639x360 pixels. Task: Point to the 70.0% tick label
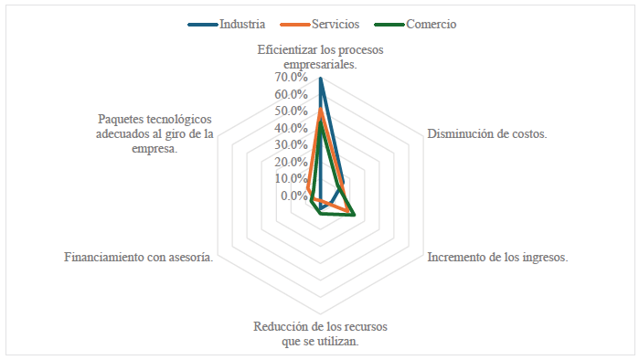pyautogui.click(x=290, y=79)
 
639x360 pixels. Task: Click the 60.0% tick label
pyautogui.click(x=290, y=95)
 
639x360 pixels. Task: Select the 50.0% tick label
pyautogui.click(x=290, y=111)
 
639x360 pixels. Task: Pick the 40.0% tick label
pyautogui.click(x=290, y=129)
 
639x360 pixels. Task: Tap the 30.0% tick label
pyautogui.click(x=290, y=145)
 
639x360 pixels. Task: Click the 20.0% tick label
pyautogui.click(x=290, y=163)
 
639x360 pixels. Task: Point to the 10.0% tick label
pyautogui.click(x=290, y=179)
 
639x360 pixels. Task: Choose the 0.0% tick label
pyautogui.click(x=293, y=196)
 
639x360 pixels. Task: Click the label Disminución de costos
pyautogui.click(x=486, y=134)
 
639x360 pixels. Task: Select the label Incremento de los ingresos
pyautogui.click(x=498, y=257)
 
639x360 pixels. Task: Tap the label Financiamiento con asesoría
pyautogui.click(x=139, y=258)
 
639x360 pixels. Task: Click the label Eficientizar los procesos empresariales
pyautogui.click(x=320, y=58)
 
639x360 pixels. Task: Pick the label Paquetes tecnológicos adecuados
pyautogui.click(x=154, y=134)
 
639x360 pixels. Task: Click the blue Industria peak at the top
pyautogui.click(x=320, y=79)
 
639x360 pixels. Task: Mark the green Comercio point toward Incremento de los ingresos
pyautogui.click(x=353, y=215)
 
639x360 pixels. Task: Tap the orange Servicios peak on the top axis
pyautogui.click(x=320, y=111)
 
